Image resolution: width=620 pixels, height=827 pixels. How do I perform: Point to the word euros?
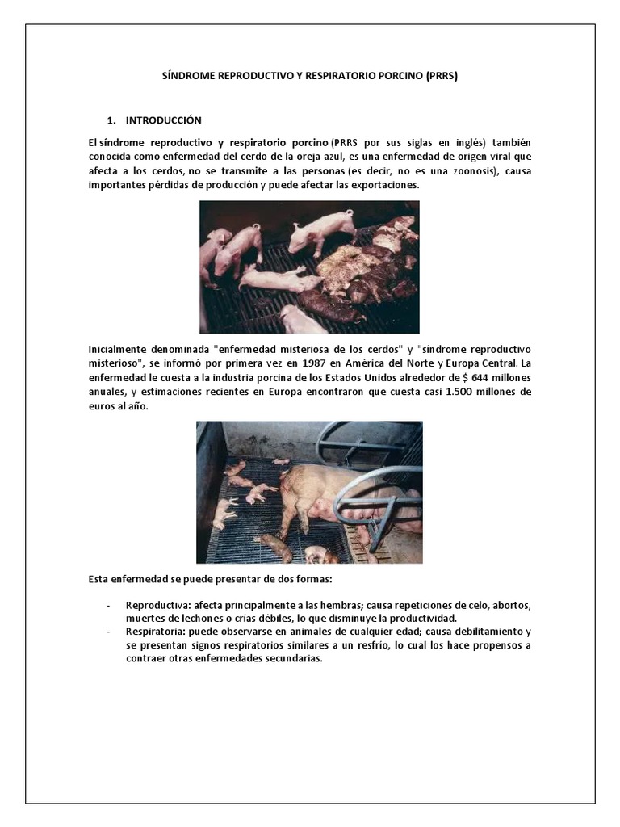[103, 407]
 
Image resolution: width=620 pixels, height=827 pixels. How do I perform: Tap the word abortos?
[513, 606]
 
